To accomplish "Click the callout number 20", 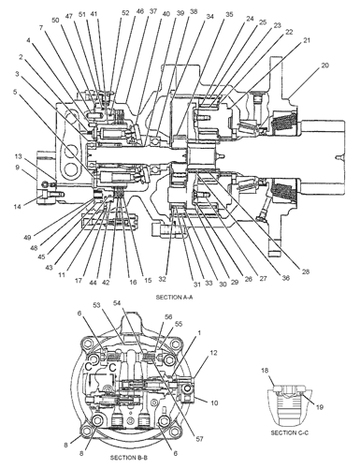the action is [x=324, y=66].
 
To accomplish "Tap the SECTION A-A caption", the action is [x=174, y=297].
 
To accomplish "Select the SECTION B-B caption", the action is [x=128, y=458].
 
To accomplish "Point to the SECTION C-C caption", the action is [x=290, y=432].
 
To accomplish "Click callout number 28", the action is [x=306, y=271].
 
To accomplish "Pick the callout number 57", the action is [x=199, y=439].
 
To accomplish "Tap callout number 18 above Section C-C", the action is [x=265, y=371].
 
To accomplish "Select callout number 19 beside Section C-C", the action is [x=320, y=407].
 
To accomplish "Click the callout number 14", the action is [x=18, y=206].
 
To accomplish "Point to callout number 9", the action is [x=18, y=168].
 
